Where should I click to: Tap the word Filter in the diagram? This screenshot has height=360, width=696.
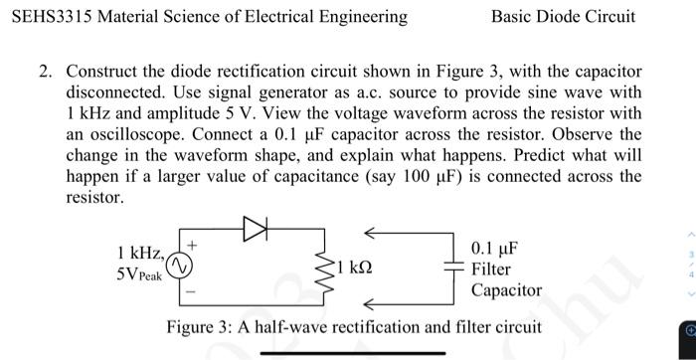tap(491, 269)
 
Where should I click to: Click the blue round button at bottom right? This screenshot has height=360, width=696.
tap(686, 330)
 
